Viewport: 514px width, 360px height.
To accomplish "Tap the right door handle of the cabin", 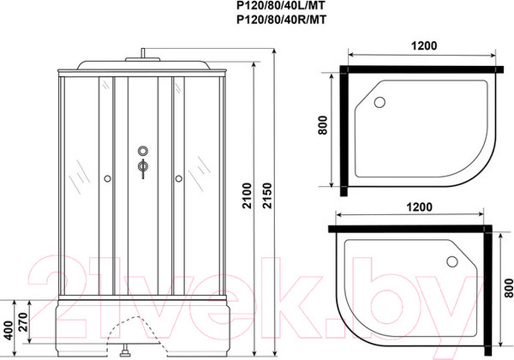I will point(178,178).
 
